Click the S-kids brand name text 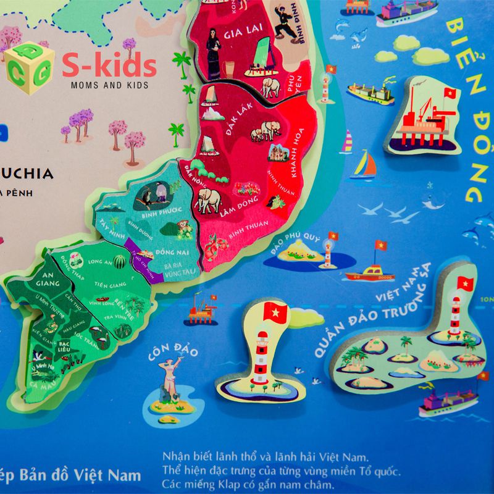point(109,65)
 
